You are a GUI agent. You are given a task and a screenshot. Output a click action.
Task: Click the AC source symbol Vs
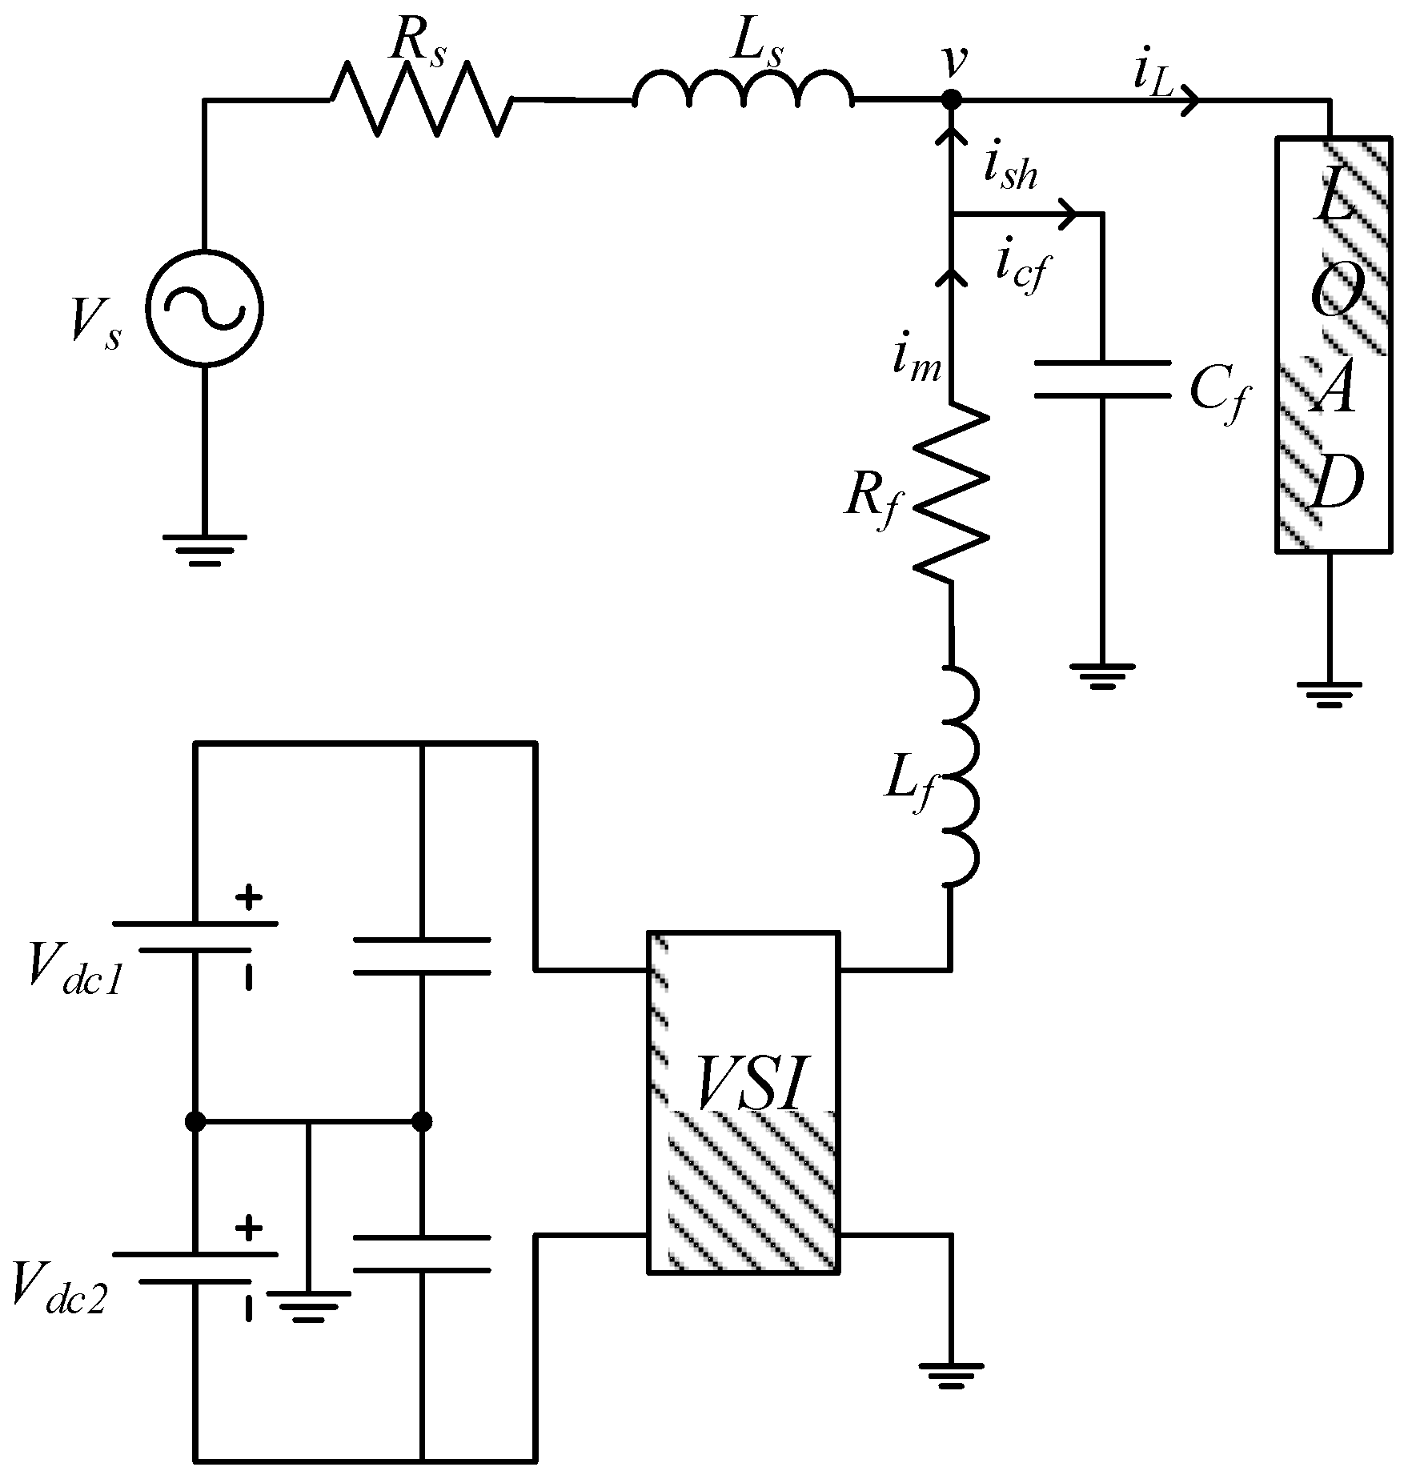tap(205, 308)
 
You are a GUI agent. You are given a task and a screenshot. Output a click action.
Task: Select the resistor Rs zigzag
tap(420, 100)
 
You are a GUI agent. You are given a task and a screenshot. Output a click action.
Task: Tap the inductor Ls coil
tap(743, 92)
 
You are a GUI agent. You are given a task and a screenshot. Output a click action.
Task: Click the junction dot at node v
tap(950, 100)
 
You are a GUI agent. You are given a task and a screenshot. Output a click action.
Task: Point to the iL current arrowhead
tap(1190, 100)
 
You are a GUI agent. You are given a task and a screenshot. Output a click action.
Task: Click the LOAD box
tap(1332, 344)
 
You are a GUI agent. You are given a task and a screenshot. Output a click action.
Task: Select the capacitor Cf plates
tap(1102, 379)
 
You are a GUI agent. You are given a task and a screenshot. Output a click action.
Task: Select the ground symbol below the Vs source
tap(205, 549)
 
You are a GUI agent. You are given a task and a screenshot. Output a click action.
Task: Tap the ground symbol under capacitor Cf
tap(1102, 675)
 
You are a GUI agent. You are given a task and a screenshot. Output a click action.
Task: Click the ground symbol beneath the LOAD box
tap(1329, 693)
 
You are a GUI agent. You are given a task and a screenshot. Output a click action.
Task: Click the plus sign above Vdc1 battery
tap(248, 897)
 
